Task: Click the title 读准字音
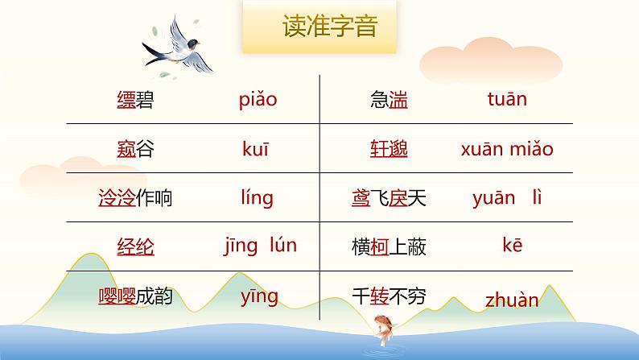(x=329, y=28)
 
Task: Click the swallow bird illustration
(x=177, y=45)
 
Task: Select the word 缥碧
(x=134, y=101)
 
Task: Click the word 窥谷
(x=134, y=149)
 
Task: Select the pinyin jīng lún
(x=260, y=246)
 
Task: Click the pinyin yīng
(x=259, y=296)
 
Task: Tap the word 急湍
(x=389, y=101)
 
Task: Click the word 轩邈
(x=389, y=149)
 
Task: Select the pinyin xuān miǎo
(x=507, y=149)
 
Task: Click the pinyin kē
(x=512, y=246)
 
